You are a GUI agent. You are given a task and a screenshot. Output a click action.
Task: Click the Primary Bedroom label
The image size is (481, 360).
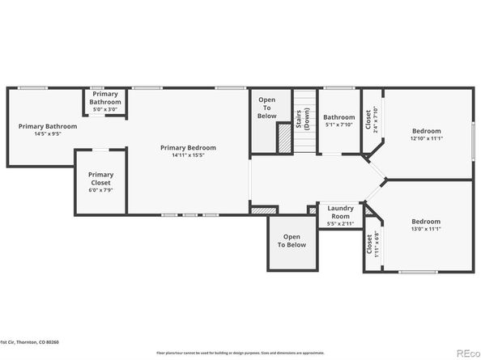coord(188,147)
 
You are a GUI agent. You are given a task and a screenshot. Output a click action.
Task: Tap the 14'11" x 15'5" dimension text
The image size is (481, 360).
coord(188,155)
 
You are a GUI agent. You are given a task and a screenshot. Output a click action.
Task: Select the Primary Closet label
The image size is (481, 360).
coord(101,179)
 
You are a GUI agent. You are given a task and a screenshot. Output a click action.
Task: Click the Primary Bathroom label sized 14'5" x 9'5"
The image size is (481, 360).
coord(48,126)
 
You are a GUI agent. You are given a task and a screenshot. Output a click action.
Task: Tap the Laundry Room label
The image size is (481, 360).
coord(340,212)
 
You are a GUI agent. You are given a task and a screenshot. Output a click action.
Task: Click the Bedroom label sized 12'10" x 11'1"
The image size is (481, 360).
coord(426,131)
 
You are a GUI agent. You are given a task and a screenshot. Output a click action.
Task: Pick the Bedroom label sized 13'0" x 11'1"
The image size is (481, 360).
coord(426,221)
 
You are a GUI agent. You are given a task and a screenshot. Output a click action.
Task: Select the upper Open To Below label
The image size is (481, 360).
coord(267,108)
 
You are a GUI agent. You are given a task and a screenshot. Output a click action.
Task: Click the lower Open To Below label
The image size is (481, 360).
coord(292,240)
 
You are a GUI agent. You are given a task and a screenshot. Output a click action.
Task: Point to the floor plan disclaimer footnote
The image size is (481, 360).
coord(240,354)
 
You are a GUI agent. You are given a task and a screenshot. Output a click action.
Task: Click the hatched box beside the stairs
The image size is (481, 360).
coord(284,138)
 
